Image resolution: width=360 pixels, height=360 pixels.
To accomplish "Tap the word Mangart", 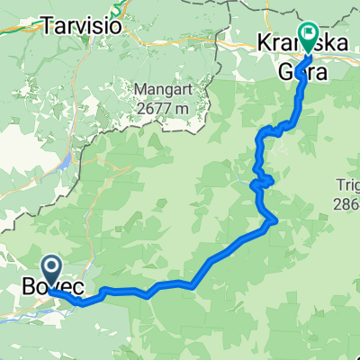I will pos(157,90).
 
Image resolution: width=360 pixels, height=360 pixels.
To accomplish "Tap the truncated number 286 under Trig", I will pos(348,204).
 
